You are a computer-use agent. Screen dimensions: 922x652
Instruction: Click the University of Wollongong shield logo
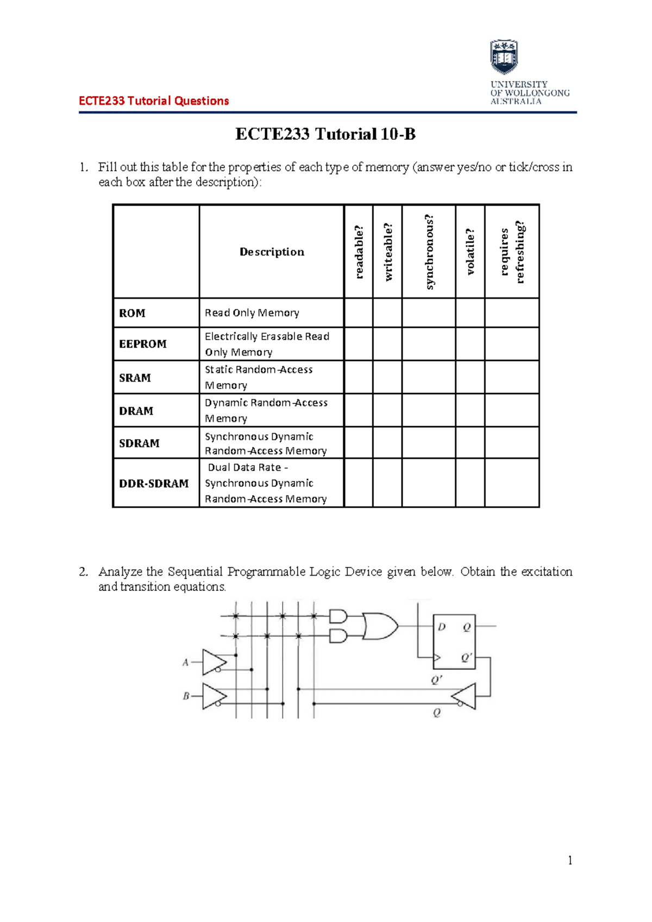[x=504, y=57]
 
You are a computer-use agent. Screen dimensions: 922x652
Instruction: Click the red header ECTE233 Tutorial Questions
[x=154, y=101]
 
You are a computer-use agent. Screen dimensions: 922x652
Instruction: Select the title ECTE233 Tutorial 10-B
[x=325, y=134]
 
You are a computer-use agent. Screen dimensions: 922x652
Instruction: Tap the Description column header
[x=272, y=252]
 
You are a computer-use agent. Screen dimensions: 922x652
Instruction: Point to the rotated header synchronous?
[x=429, y=252]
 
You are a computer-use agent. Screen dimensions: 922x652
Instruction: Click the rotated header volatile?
[x=470, y=252]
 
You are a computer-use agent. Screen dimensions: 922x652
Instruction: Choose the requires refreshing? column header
[x=512, y=252]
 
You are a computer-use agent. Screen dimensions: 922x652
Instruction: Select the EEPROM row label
[x=143, y=344]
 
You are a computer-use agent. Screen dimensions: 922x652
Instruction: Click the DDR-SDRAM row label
[x=154, y=483]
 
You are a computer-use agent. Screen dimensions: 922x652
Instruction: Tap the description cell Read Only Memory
[x=252, y=313]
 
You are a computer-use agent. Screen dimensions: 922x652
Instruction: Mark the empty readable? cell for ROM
[x=359, y=313]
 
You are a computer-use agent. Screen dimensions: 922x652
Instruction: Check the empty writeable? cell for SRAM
[x=387, y=377]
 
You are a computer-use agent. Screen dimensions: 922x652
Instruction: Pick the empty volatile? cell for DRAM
[x=470, y=410]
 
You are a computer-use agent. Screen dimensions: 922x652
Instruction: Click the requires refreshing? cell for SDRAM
[x=512, y=443]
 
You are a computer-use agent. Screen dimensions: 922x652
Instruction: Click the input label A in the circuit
[x=185, y=662]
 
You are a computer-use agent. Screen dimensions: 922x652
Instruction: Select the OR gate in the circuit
[x=380, y=626]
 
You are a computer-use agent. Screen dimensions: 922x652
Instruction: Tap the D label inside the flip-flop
[x=442, y=627]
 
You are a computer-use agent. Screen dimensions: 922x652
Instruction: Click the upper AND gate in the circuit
[x=338, y=616]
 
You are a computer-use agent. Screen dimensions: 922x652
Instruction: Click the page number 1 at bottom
[x=569, y=860]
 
